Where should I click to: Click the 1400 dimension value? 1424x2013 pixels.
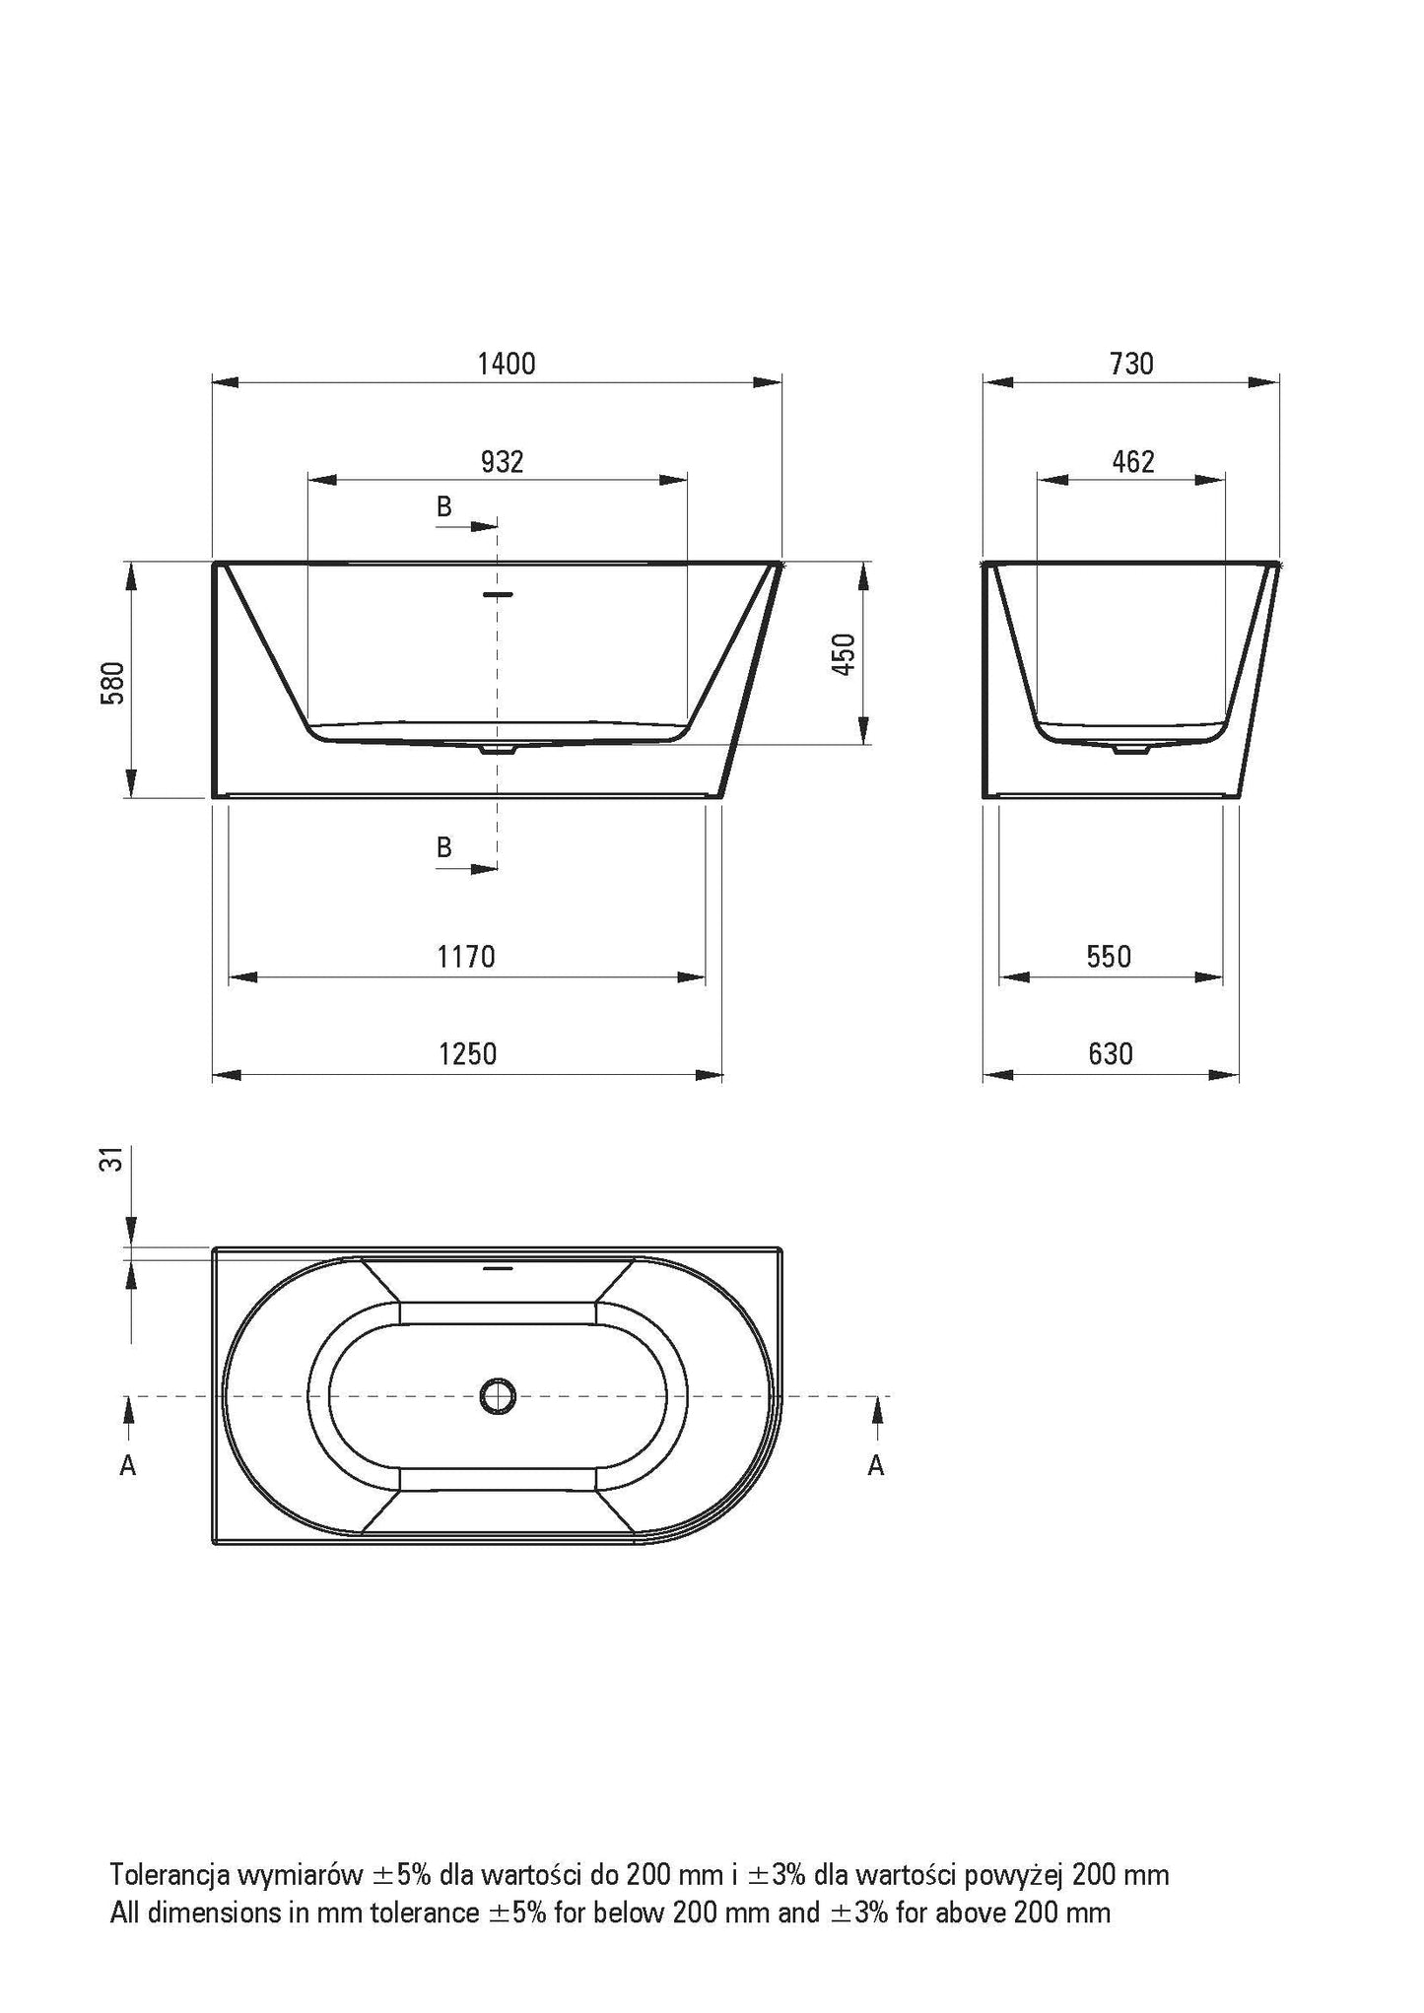click(x=507, y=364)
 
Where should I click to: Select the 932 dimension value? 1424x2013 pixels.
click(x=502, y=461)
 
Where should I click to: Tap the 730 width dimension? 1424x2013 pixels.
click(x=1131, y=364)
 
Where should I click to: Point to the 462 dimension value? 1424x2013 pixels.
click(x=1133, y=461)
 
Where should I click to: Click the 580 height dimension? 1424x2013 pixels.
click(x=113, y=682)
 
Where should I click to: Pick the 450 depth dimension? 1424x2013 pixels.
click(x=846, y=654)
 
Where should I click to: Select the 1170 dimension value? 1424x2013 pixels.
click(x=466, y=957)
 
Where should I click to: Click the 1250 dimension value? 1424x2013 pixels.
click(x=467, y=1054)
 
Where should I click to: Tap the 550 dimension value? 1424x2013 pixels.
click(x=1109, y=957)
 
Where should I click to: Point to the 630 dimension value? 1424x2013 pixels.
click(x=1111, y=1054)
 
